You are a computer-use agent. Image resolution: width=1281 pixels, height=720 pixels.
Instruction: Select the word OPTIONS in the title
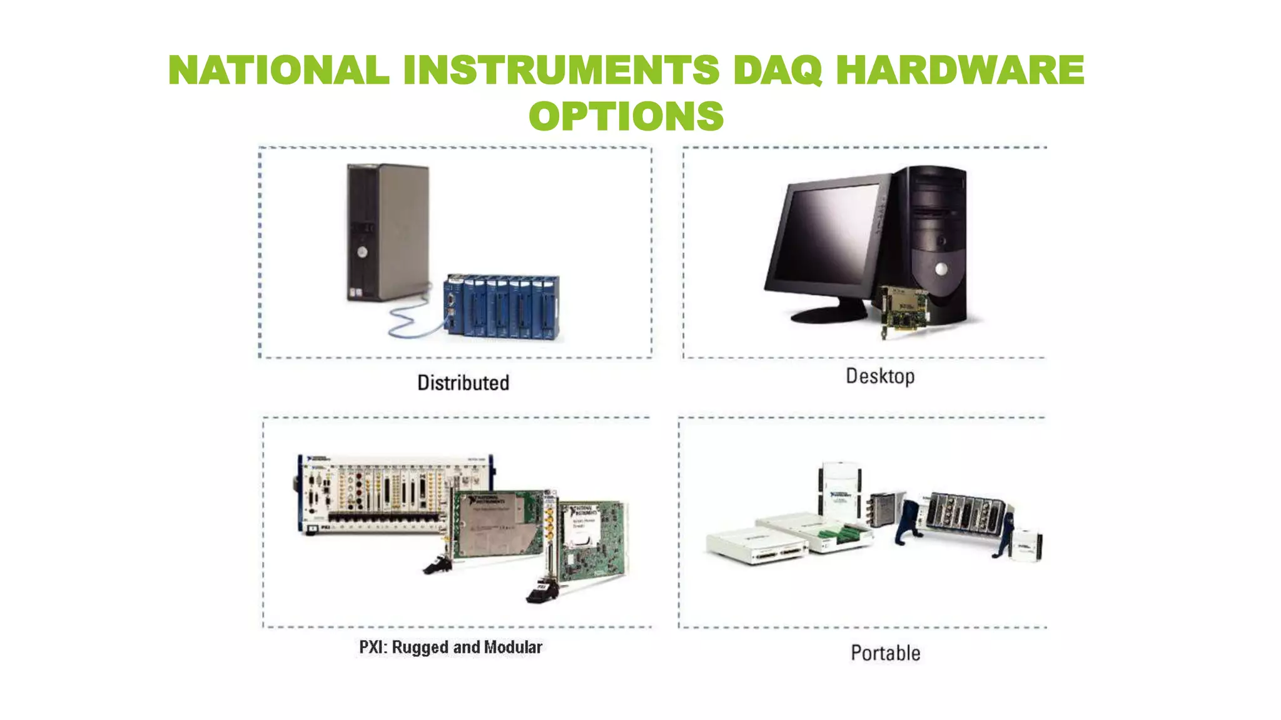tap(626, 116)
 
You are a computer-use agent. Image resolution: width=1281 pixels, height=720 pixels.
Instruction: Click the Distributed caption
tap(463, 382)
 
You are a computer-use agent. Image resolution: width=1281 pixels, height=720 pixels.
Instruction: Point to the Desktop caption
tap(880, 376)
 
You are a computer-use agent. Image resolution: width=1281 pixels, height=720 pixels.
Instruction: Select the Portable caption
tap(885, 653)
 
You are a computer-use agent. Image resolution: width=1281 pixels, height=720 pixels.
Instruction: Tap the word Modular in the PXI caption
tap(513, 647)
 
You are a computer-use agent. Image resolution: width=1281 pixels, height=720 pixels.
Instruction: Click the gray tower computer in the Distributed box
tap(388, 231)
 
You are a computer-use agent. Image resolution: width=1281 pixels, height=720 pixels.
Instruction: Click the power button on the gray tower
tap(362, 252)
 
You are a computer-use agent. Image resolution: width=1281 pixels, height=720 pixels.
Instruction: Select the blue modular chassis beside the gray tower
tap(504, 307)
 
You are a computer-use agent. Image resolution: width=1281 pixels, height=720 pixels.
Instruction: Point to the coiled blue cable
tap(407, 322)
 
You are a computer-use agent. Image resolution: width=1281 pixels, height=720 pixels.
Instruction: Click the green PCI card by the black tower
tap(904, 309)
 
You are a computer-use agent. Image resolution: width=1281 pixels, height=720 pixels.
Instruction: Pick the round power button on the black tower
tap(941, 269)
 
